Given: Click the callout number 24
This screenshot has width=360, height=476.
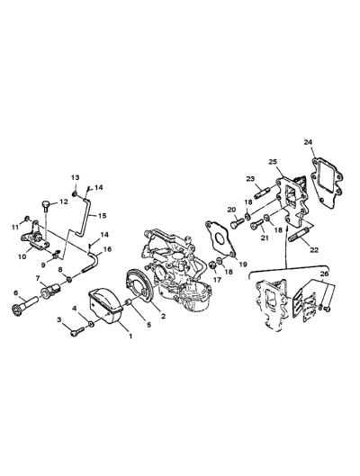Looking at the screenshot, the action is coord(308,142).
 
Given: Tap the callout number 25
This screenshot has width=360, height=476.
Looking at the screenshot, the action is coord(273,162).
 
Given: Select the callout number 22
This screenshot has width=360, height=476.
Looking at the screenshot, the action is coord(314,249).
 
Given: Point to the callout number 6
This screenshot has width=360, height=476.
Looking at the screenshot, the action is coord(16,292).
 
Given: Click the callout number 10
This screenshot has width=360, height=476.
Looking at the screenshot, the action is coord(22,256).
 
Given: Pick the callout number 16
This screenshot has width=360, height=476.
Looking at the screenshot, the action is coord(107,249).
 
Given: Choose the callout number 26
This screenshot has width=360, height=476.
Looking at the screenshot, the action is coord(324,274).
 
